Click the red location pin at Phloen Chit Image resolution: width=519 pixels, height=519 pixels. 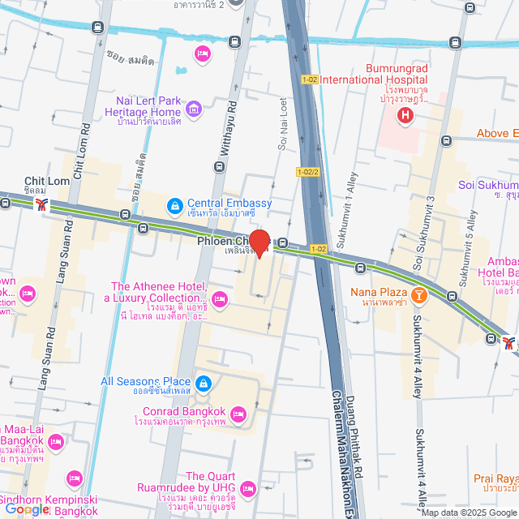[259, 242]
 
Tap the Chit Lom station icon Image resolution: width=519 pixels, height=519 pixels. [41, 204]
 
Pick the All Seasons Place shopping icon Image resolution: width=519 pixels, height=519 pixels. [203, 382]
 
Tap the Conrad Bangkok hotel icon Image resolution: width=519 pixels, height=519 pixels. [238, 415]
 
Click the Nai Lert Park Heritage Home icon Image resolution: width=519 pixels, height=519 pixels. [193, 109]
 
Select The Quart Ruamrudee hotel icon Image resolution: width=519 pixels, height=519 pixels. [247, 487]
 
